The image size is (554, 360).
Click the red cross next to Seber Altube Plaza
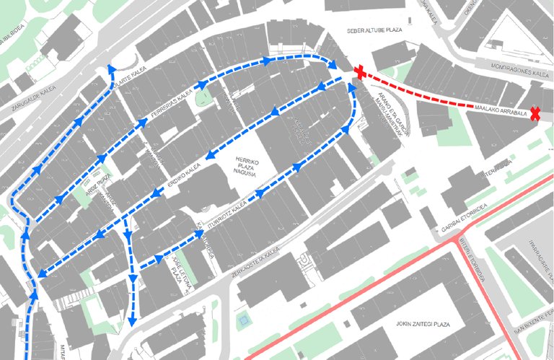[x=360, y=71]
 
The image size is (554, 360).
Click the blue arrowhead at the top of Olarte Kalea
[x=110, y=68]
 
